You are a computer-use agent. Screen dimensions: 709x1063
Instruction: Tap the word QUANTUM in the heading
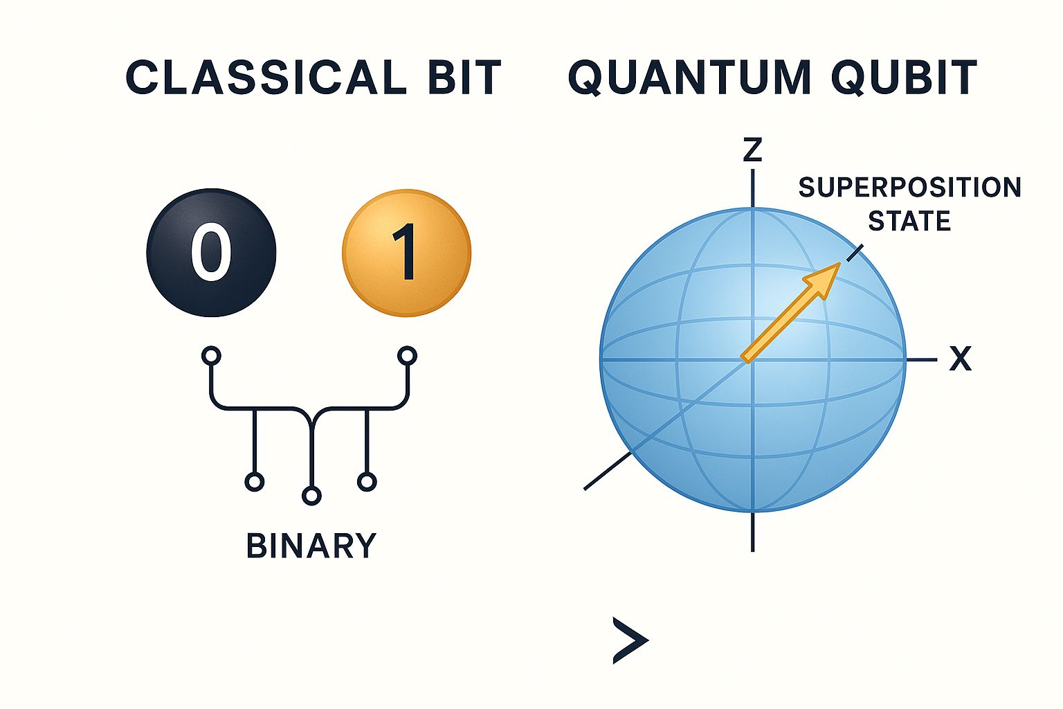pyautogui.click(x=689, y=77)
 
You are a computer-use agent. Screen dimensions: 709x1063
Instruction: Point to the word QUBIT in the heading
pyautogui.click(x=904, y=77)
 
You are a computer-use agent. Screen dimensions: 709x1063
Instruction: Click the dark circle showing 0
pyautogui.click(x=211, y=253)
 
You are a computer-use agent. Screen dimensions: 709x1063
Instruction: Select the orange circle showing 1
pyautogui.click(x=406, y=253)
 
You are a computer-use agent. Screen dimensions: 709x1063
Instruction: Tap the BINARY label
pyautogui.click(x=311, y=546)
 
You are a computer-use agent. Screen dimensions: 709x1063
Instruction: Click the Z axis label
pyautogui.click(x=752, y=150)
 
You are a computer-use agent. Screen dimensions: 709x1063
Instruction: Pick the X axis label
pyautogui.click(x=960, y=359)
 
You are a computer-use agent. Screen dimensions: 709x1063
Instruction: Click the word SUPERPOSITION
pyautogui.click(x=909, y=188)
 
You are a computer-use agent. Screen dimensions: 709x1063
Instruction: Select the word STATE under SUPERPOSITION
pyautogui.click(x=909, y=222)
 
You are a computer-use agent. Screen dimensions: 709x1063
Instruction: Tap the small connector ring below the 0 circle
pyautogui.click(x=211, y=356)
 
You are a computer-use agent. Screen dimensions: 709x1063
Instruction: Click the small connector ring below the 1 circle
pyautogui.click(x=407, y=356)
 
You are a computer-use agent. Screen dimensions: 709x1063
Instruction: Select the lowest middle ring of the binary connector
pyautogui.click(x=311, y=496)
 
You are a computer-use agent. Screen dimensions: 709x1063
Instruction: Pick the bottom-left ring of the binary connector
pyautogui.click(x=255, y=482)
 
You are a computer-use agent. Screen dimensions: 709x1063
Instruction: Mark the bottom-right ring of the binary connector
pyautogui.click(x=367, y=482)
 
